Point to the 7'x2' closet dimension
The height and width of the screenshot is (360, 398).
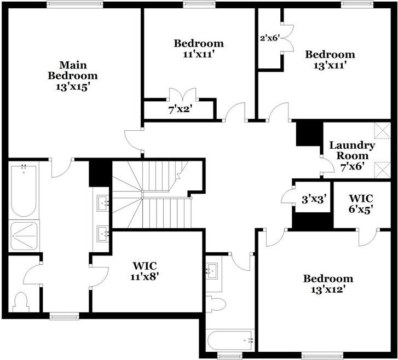180,109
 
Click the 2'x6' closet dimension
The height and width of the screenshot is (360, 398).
269,38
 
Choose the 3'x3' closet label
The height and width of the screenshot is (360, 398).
314,200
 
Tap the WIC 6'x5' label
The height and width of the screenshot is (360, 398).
361,204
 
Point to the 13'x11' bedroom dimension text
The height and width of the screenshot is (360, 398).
330,65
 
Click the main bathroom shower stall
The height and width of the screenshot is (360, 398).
24,236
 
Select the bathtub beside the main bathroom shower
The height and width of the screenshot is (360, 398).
24,190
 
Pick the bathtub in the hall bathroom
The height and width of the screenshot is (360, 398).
230,340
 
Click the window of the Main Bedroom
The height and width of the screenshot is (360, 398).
74,4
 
